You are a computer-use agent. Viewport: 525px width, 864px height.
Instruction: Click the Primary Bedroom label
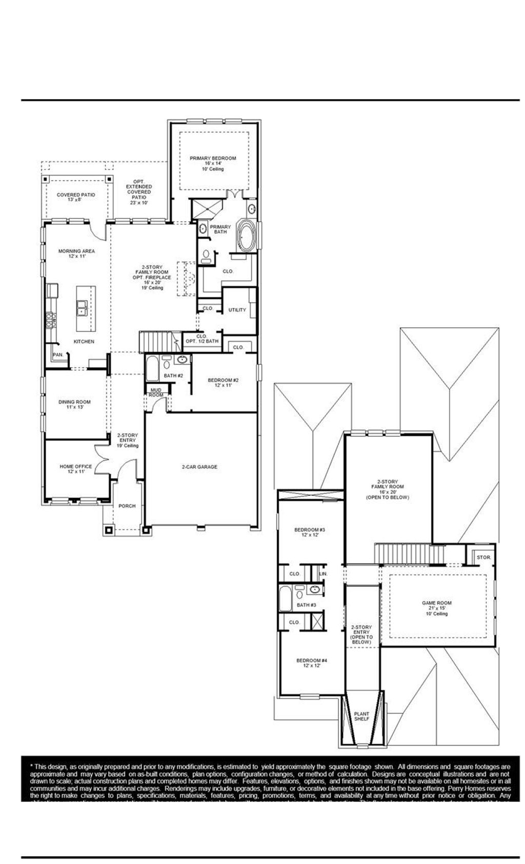pyautogui.click(x=213, y=159)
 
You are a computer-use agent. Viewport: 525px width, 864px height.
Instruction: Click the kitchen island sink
pyautogui.click(x=83, y=308)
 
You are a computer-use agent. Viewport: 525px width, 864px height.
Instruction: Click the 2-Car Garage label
pyautogui.click(x=199, y=467)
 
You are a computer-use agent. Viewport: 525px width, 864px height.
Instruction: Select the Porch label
pyautogui.click(x=127, y=506)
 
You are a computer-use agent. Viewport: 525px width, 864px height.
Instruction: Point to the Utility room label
pyautogui.click(x=237, y=310)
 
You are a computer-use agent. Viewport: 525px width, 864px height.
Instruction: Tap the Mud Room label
pyautogui.click(x=156, y=393)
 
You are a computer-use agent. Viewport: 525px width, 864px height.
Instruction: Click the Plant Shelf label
pyautogui.click(x=361, y=716)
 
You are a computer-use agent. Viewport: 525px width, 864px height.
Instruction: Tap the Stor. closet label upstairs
pyautogui.click(x=483, y=557)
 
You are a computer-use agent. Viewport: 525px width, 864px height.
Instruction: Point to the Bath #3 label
pyautogui.click(x=306, y=605)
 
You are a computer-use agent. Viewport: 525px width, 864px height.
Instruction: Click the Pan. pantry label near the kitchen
pyautogui.click(x=57, y=354)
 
